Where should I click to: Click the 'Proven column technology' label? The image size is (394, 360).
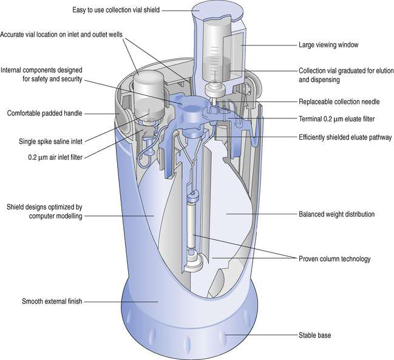click(x=335, y=259)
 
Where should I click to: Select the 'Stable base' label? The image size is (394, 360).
click(x=315, y=335)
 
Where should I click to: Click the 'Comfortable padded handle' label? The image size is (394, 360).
click(x=44, y=113)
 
